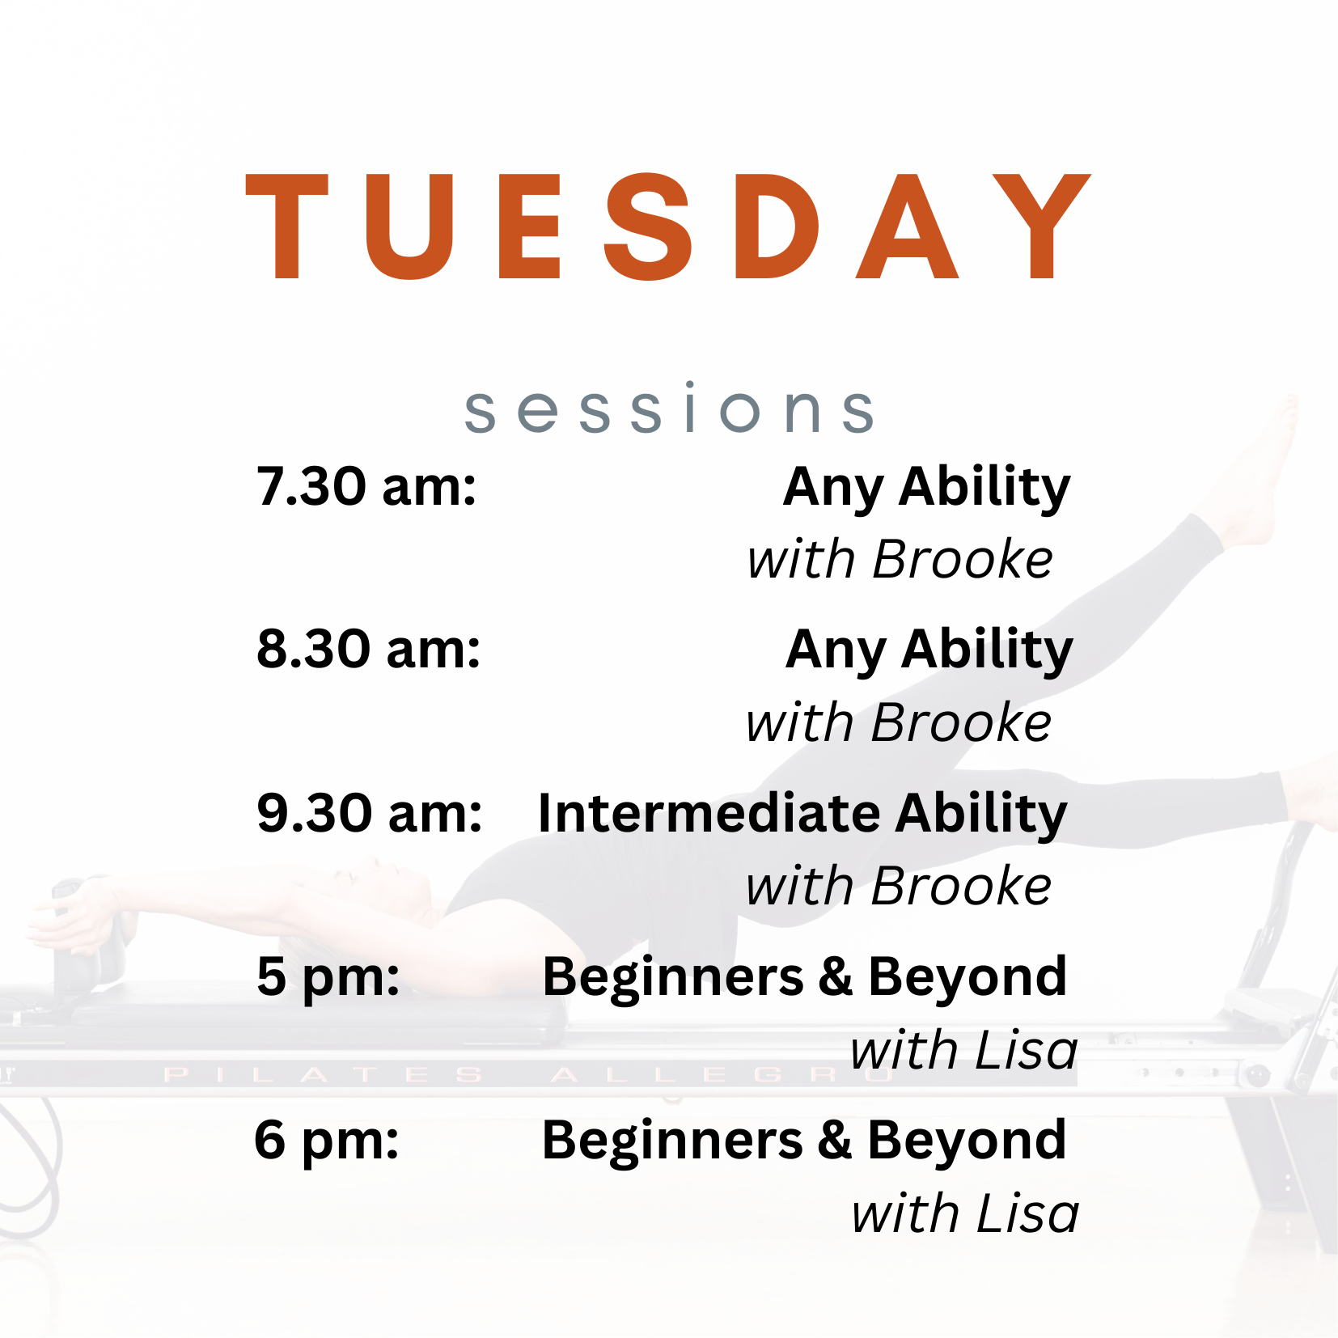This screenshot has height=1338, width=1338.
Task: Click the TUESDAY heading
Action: (x=668, y=227)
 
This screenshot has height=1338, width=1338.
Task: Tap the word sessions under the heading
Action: (x=668, y=409)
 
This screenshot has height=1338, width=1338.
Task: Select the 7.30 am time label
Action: (x=366, y=487)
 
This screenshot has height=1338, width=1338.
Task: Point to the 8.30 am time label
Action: (x=369, y=650)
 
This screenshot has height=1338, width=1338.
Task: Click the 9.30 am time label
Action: (x=370, y=813)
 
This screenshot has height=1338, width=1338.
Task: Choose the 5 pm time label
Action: (x=328, y=977)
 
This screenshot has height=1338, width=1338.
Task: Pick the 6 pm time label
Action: (x=327, y=1141)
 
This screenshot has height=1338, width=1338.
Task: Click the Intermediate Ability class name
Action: (x=802, y=813)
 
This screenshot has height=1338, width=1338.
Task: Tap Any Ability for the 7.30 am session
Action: (x=926, y=489)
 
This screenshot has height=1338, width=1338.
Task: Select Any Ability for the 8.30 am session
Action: (x=929, y=651)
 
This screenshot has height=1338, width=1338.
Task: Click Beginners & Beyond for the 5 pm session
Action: (x=804, y=977)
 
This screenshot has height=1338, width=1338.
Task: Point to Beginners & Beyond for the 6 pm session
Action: (x=804, y=1141)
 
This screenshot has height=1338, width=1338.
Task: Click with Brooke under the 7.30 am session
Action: (x=900, y=560)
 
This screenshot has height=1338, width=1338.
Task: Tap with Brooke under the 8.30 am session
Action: (x=899, y=722)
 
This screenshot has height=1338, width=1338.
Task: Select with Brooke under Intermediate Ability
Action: (x=899, y=886)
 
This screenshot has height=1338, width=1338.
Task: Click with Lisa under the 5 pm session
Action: (x=963, y=1050)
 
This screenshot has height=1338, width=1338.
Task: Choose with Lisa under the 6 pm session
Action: (x=965, y=1213)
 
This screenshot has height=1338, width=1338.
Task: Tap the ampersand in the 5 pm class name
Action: (x=835, y=976)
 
